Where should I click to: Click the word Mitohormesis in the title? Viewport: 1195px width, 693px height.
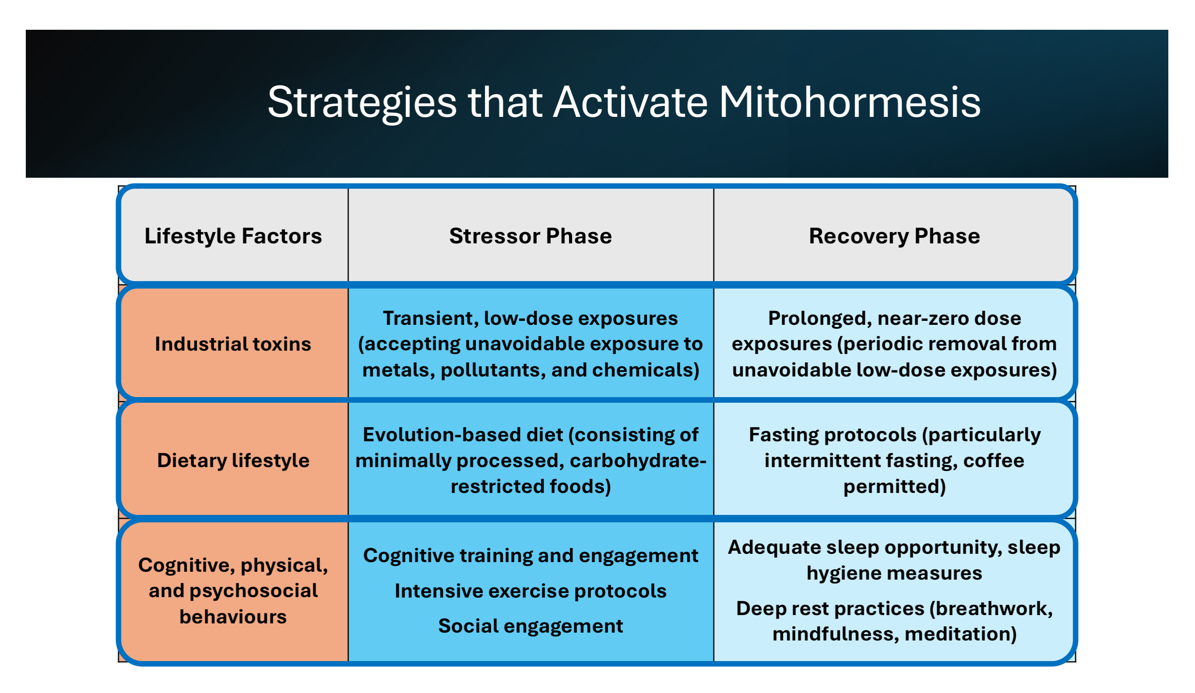[x=849, y=102]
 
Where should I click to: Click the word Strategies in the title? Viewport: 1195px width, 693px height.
[x=362, y=102]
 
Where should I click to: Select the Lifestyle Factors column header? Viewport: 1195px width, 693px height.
[x=233, y=236]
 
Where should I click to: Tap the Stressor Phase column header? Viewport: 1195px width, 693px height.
[x=531, y=236]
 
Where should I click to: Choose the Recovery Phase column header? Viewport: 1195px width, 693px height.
[x=895, y=236]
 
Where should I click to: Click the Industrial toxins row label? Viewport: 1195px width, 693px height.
[x=233, y=344]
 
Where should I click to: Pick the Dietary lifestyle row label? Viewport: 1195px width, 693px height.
[x=233, y=461]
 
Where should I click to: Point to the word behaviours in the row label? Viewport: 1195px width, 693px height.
[x=233, y=616]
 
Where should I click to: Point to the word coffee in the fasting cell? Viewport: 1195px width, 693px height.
[x=994, y=461]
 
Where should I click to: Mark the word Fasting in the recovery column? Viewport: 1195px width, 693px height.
[x=785, y=435]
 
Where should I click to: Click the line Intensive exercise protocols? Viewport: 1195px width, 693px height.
[x=531, y=591]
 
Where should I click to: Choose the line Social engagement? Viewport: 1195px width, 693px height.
[x=531, y=626]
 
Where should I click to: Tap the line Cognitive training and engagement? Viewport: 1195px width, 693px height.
[x=531, y=556]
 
